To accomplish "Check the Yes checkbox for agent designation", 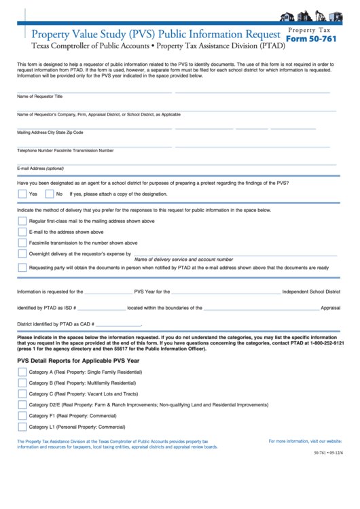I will coord(22,194).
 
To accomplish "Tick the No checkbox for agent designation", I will coord(49,194).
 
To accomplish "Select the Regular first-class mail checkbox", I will coord(22,221).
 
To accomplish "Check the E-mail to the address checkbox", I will coord(22,232).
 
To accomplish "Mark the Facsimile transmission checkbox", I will coord(22,243).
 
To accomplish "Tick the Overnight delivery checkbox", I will coord(22,253).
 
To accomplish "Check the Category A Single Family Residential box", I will coord(22,372).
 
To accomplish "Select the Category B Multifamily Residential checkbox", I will coord(22,383).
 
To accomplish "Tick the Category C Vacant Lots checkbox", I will coord(22,394).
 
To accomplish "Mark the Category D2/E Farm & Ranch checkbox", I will coord(22,405).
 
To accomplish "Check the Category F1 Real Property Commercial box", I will coord(22,416).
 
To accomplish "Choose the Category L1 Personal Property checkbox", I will coord(22,427).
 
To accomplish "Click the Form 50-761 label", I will coord(310,39).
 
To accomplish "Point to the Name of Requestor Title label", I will coord(39,96).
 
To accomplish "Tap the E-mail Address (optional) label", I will coord(40,168).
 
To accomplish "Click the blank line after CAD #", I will coord(119,325).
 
